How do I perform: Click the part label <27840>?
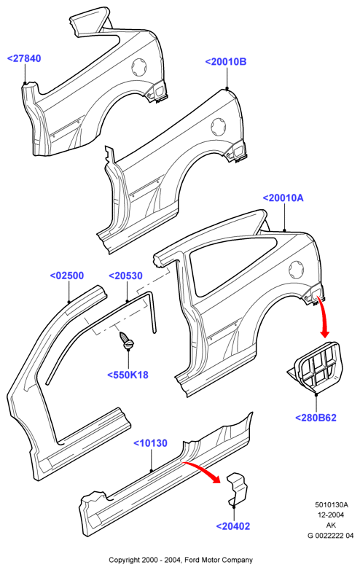point(24,58)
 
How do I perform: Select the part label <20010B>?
point(226,62)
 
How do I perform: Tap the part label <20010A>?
point(283,198)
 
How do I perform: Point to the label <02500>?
point(67,276)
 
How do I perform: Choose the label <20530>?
point(125,276)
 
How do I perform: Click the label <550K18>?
point(128,375)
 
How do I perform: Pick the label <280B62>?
point(316,418)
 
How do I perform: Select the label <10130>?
point(150,443)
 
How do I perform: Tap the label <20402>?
point(233,526)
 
